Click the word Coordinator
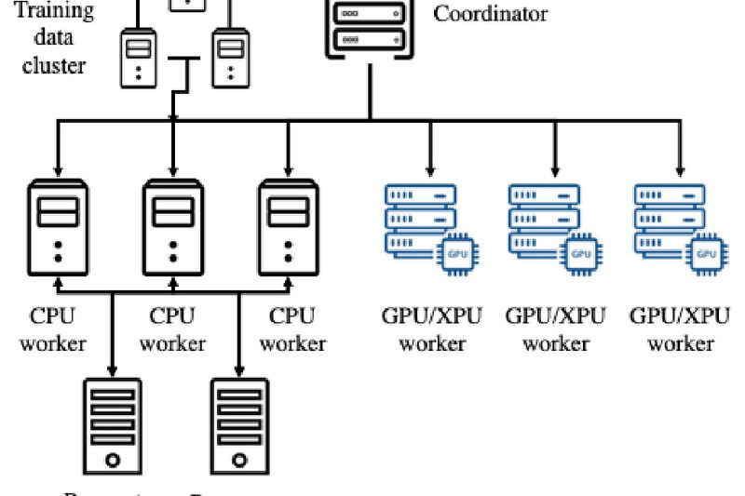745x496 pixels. (491, 14)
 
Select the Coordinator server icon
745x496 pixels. (370, 28)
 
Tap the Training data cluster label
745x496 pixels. (54, 37)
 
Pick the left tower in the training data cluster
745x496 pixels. (138, 58)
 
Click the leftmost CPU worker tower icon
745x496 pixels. (58, 228)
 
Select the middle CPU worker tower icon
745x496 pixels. (172, 228)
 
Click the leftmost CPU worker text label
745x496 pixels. (53, 328)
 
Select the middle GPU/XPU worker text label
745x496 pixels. (556, 328)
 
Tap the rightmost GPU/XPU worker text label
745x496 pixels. (681, 328)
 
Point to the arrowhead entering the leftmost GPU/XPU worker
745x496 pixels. (430, 169)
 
